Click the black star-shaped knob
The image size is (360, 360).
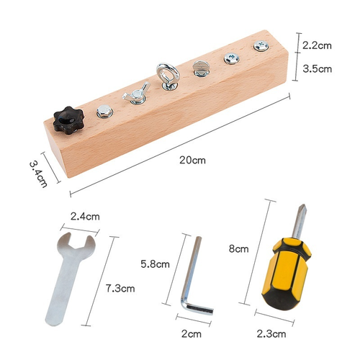coord(68,120)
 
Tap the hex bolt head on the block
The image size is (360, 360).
coord(105,112)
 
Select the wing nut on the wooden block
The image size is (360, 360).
coord(136,93)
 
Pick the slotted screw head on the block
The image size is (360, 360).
coord(202,68)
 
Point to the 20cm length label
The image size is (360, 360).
coord(192,160)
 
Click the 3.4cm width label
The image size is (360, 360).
coord(38,174)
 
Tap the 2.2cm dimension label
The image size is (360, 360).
coord(317,45)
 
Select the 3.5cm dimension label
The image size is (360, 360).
coord(317,69)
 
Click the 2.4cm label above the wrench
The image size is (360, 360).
coord(85,217)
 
